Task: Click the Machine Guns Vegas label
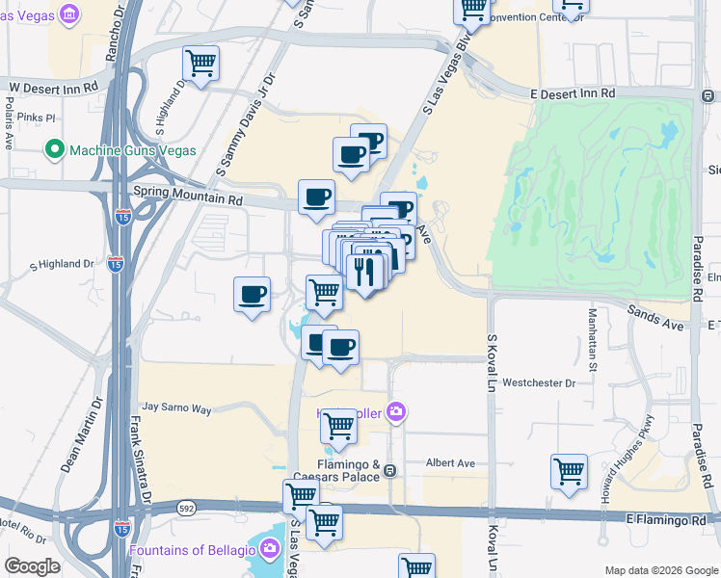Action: point(133,150)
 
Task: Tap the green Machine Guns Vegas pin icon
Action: point(56,150)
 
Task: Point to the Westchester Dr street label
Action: point(538,382)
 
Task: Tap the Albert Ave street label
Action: point(450,463)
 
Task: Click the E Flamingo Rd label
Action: point(669,520)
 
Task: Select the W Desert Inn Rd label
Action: point(54,87)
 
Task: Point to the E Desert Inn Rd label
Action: point(573,93)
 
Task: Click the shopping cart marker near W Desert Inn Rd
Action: point(200,65)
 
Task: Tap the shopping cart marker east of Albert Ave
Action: point(569,473)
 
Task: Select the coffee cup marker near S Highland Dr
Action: point(252,294)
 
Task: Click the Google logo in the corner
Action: point(32,566)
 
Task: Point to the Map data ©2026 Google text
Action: point(660,570)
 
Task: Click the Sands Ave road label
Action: point(655,318)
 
